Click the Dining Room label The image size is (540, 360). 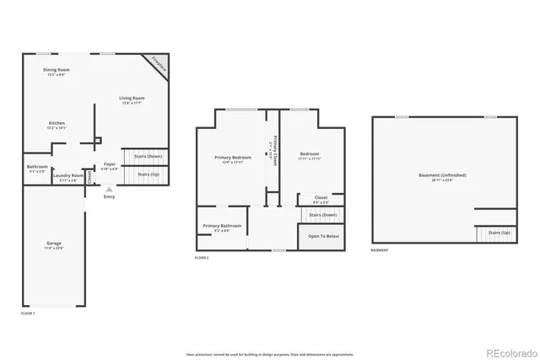(x=55, y=71)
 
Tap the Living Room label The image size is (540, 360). (x=133, y=99)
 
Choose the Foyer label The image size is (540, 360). (x=110, y=164)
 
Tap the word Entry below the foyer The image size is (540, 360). (x=109, y=197)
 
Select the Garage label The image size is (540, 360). (x=53, y=244)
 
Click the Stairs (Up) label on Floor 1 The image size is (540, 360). (x=148, y=174)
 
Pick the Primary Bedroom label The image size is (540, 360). (x=232, y=157)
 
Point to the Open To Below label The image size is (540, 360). (x=323, y=236)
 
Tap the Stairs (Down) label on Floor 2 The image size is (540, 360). (x=323, y=214)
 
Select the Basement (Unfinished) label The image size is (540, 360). (x=442, y=175)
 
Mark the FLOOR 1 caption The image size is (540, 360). (x=28, y=313)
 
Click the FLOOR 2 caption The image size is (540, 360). (x=202, y=257)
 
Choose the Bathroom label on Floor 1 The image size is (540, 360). (x=37, y=166)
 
